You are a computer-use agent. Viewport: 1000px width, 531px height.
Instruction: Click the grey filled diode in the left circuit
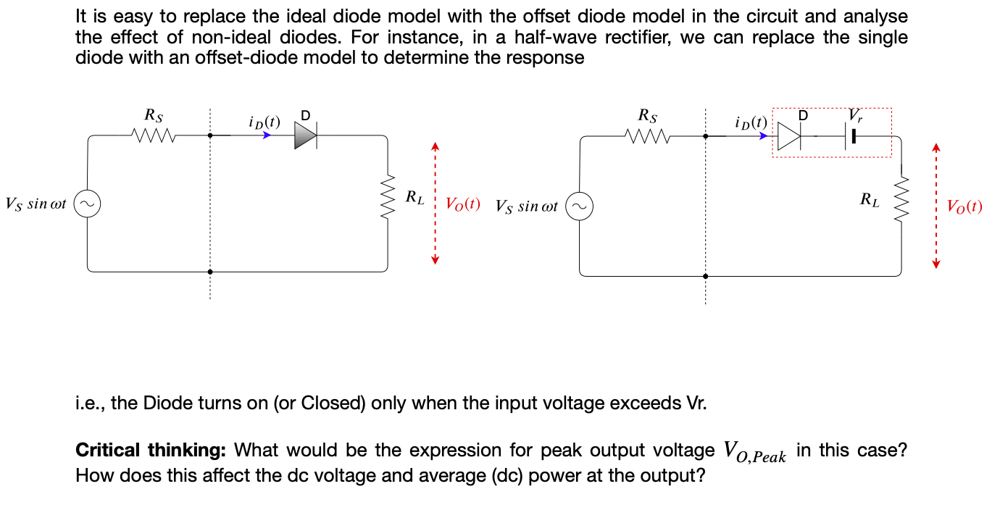click(305, 135)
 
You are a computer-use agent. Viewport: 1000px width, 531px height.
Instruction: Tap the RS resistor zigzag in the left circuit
click(153, 135)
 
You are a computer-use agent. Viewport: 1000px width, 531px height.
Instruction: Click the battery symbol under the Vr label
click(851, 135)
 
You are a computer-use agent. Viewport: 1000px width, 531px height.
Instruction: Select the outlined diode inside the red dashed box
click(790, 135)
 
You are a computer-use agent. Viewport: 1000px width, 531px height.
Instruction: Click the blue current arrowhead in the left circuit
click(267, 135)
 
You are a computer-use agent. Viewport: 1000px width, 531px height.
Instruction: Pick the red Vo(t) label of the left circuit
click(462, 204)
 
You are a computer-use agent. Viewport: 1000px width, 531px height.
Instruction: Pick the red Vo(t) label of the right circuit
click(964, 207)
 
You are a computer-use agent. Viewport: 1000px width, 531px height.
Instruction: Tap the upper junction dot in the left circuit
click(210, 135)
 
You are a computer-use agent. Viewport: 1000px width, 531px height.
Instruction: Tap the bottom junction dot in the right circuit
click(705, 276)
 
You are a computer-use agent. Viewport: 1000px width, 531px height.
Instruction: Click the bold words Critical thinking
click(150, 451)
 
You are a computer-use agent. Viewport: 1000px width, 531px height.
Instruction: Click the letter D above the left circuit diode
click(304, 115)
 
